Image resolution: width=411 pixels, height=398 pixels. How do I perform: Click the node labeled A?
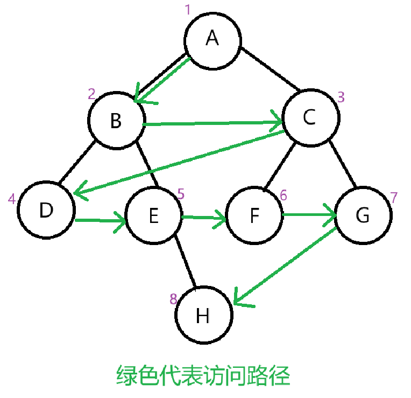coord(212,39)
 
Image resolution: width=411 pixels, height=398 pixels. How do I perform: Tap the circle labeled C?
coord(309,118)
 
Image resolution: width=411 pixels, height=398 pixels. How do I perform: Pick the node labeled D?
coord(46,211)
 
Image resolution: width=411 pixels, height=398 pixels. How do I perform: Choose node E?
coord(153,216)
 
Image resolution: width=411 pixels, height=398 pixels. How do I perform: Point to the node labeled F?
coord(255,216)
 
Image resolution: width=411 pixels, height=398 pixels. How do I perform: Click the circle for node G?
coord(363,215)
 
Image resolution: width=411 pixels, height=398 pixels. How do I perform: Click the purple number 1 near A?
coord(188,10)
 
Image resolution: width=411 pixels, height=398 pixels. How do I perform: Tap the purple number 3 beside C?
coord(341,97)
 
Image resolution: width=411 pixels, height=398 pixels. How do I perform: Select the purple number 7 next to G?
coord(394,197)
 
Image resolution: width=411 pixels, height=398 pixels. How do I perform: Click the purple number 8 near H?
coord(173,299)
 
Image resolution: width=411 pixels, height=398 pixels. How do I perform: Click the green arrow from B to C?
coord(212,123)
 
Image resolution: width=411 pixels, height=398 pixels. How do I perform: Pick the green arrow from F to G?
coord(309,215)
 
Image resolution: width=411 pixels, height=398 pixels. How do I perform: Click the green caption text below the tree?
coord(203,375)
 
